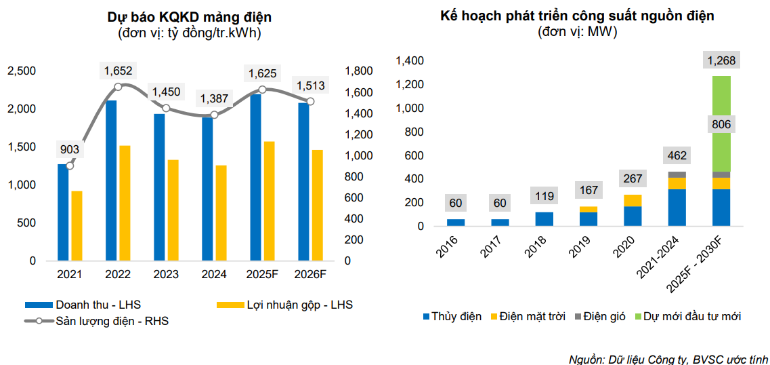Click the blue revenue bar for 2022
pos(111,180)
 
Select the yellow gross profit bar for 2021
pos(77,226)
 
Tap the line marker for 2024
pos(214,115)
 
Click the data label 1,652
pos(118,70)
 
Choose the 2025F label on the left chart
pos(262,274)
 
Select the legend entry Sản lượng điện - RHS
pos(112,321)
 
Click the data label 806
pos(721,125)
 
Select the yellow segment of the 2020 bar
pos(633,200)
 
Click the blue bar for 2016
pos(456,223)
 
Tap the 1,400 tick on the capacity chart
pos(410,61)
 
